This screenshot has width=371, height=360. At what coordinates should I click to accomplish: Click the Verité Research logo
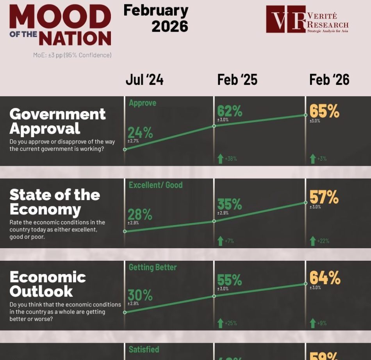pyautogui.click(x=307, y=20)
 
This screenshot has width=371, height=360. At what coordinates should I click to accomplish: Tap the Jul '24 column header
pyautogui.click(x=144, y=80)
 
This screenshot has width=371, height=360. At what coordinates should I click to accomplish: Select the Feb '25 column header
pyautogui.click(x=237, y=80)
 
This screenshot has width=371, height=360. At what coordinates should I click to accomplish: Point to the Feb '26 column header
pyautogui.click(x=329, y=80)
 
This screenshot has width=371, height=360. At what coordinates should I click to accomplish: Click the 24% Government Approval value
pyautogui.click(x=140, y=133)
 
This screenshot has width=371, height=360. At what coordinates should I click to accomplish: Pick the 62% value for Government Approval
pyautogui.click(x=230, y=111)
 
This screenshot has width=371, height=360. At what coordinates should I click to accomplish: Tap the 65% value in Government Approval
pyautogui.click(x=324, y=111)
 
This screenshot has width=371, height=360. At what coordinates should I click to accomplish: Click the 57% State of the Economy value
pyautogui.click(x=324, y=197)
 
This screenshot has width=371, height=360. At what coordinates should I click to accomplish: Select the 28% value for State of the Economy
pyautogui.click(x=140, y=215)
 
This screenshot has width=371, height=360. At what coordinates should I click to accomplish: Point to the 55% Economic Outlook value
pyautogui.click(x=230, y=280)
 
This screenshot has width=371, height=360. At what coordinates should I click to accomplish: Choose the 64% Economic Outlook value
pyautogui.click(x=325, y=278)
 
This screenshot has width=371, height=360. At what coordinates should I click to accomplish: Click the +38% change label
pyautogui.click(x=230, y=159)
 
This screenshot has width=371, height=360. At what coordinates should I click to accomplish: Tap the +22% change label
pyautogui.click(x=323, y=241)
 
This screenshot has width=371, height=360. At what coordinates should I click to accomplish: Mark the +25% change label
pyautogui.click(x=230, y=323)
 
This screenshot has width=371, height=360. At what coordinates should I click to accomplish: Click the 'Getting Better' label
pyautogui.click(x=153, y=267)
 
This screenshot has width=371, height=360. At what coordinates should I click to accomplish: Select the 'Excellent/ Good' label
pyautogui.click(x=155, y=185)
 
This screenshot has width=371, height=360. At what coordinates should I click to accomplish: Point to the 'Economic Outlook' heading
pyautogui.click(x=48, y=284)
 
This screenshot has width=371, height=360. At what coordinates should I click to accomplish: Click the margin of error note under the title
pyautogui.click(x=72, y=55)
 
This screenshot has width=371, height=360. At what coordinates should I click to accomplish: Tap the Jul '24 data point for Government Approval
pyautogui.click(x=125, y=149)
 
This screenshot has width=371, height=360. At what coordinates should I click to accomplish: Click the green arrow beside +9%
pyautogui.click(x=312, y=323)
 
